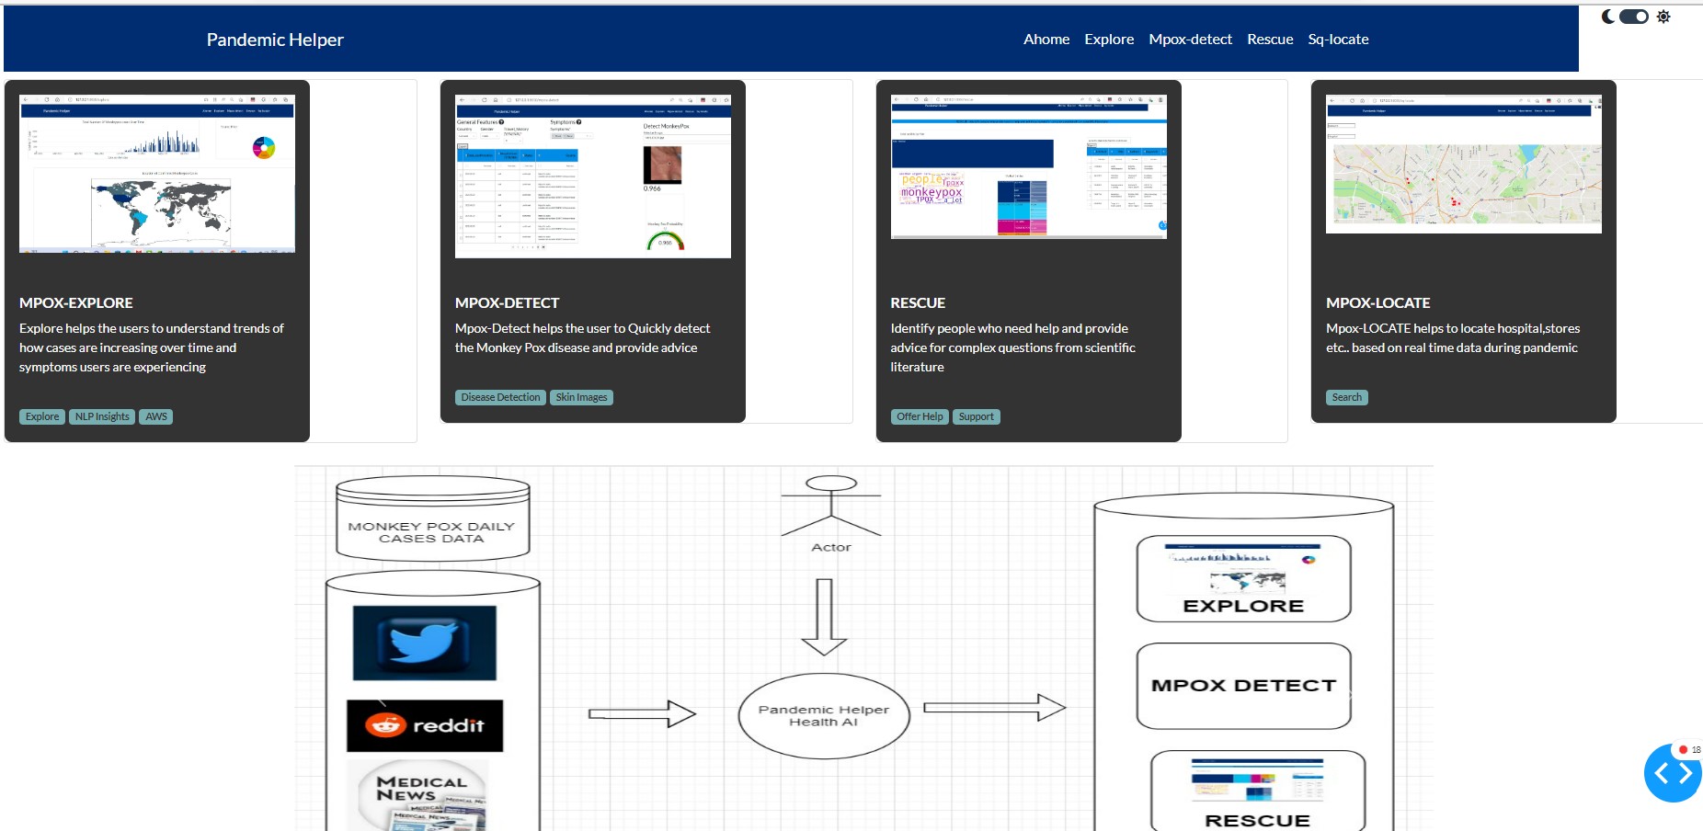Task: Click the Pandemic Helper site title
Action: tap(274, 40)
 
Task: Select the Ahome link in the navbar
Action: tap(1046, 40)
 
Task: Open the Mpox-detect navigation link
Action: tap(1190, 40)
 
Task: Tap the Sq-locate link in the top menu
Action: tap(1338, 40)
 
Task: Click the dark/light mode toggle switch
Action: tap(1634, 17)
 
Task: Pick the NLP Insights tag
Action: tap(102, 416)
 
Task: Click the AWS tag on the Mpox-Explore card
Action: tap(156, 416)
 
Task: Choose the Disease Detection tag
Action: tap(500, 397)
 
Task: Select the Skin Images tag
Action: tap(581, 397)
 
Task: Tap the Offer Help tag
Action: tap(920, 416)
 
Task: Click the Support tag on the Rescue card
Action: tap(976, 416)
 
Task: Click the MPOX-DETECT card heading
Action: tap(507, 302)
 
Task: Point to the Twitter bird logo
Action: tap(424, 642)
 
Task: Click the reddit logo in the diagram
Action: tap(425, 725)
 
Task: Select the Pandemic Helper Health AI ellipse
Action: tap(824, 716)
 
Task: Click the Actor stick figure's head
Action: tap(831, 484)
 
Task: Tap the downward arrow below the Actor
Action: tap(824, 617)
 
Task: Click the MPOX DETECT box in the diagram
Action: tap(1243, 686)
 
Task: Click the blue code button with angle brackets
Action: tap(1673, 774)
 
